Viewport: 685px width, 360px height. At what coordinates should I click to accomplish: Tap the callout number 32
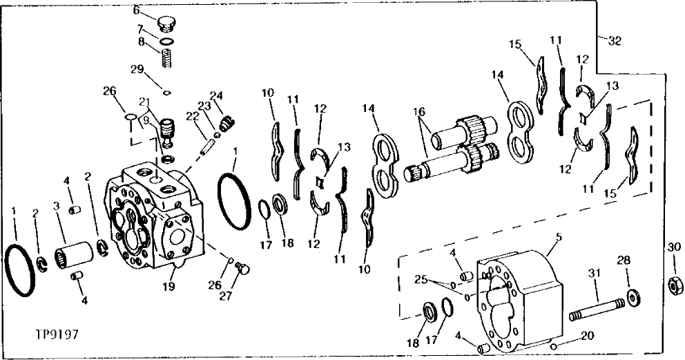615,41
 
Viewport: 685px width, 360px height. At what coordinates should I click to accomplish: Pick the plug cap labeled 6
165,24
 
